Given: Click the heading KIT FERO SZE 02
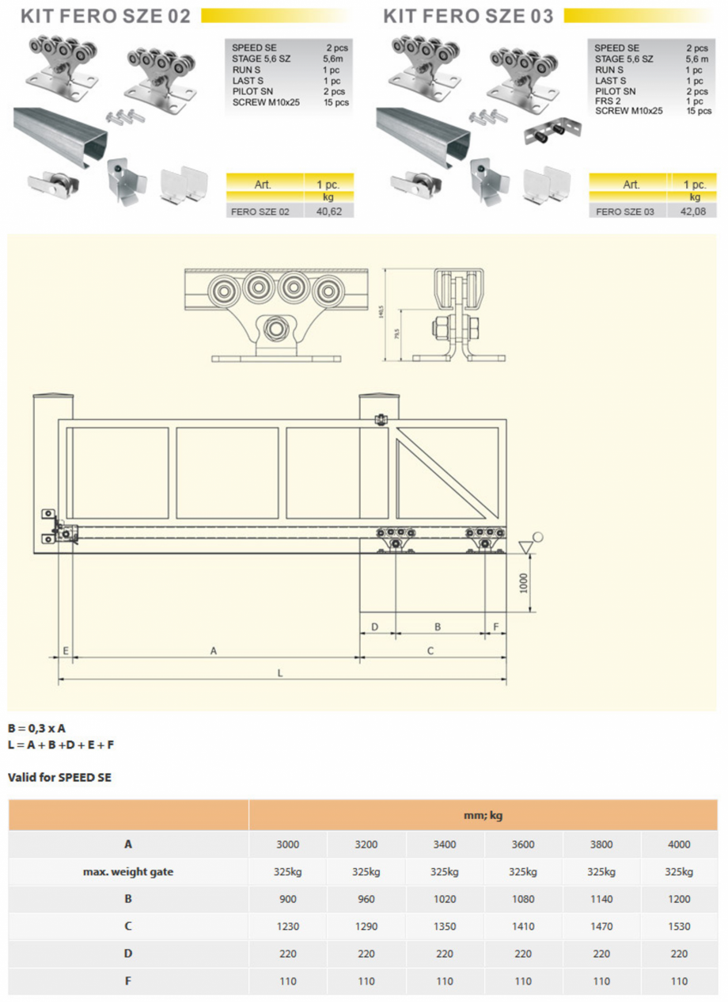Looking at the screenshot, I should click(105, 16).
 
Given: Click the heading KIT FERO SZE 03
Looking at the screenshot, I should click(468, 16).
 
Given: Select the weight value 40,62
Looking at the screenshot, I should click(328, 211).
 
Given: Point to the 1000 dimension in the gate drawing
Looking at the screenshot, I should click(521, 583).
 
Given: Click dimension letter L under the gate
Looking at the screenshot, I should click(280, 673).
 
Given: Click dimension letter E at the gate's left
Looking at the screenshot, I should click(66, 650).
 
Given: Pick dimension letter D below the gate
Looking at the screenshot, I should click(375, 627).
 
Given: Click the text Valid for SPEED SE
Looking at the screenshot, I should click(59, 778).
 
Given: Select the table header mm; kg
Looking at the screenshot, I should click(483, 815).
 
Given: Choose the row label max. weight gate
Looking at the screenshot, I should click(128, 872).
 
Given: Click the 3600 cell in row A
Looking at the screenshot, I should click(523, 844).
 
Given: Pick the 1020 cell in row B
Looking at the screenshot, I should click(445, 899).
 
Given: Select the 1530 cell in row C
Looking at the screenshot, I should click(679, 926).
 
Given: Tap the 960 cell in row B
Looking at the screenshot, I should click(366, 899).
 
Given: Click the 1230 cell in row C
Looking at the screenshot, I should click(288, 926).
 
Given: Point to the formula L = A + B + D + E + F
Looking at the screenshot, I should click(61, 745).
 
